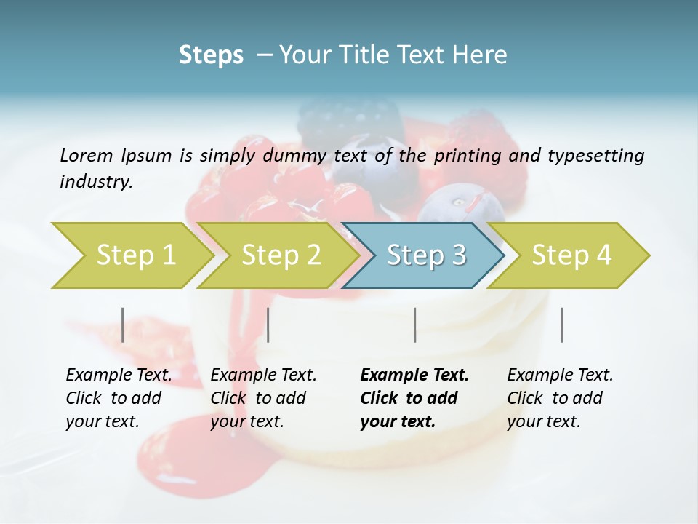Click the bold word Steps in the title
pos(211,55)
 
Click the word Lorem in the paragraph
pos(86,155)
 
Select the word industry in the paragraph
pos(96,181)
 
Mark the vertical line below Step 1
pos(123,325)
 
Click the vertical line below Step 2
pos(268,325)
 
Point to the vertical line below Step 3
pos(414,325)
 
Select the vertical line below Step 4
pos(561,325)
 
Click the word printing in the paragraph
pos(465,155)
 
